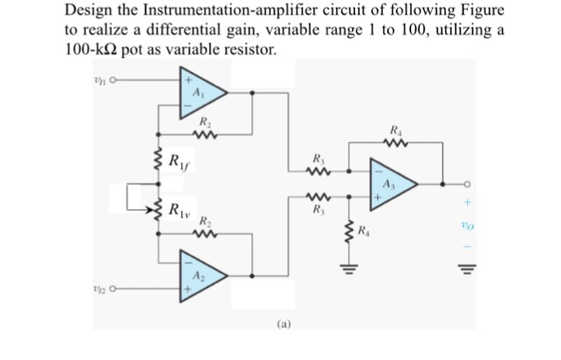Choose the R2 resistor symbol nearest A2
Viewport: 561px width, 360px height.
tap(204, 233)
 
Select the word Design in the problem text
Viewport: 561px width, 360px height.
tap(88, 10)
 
